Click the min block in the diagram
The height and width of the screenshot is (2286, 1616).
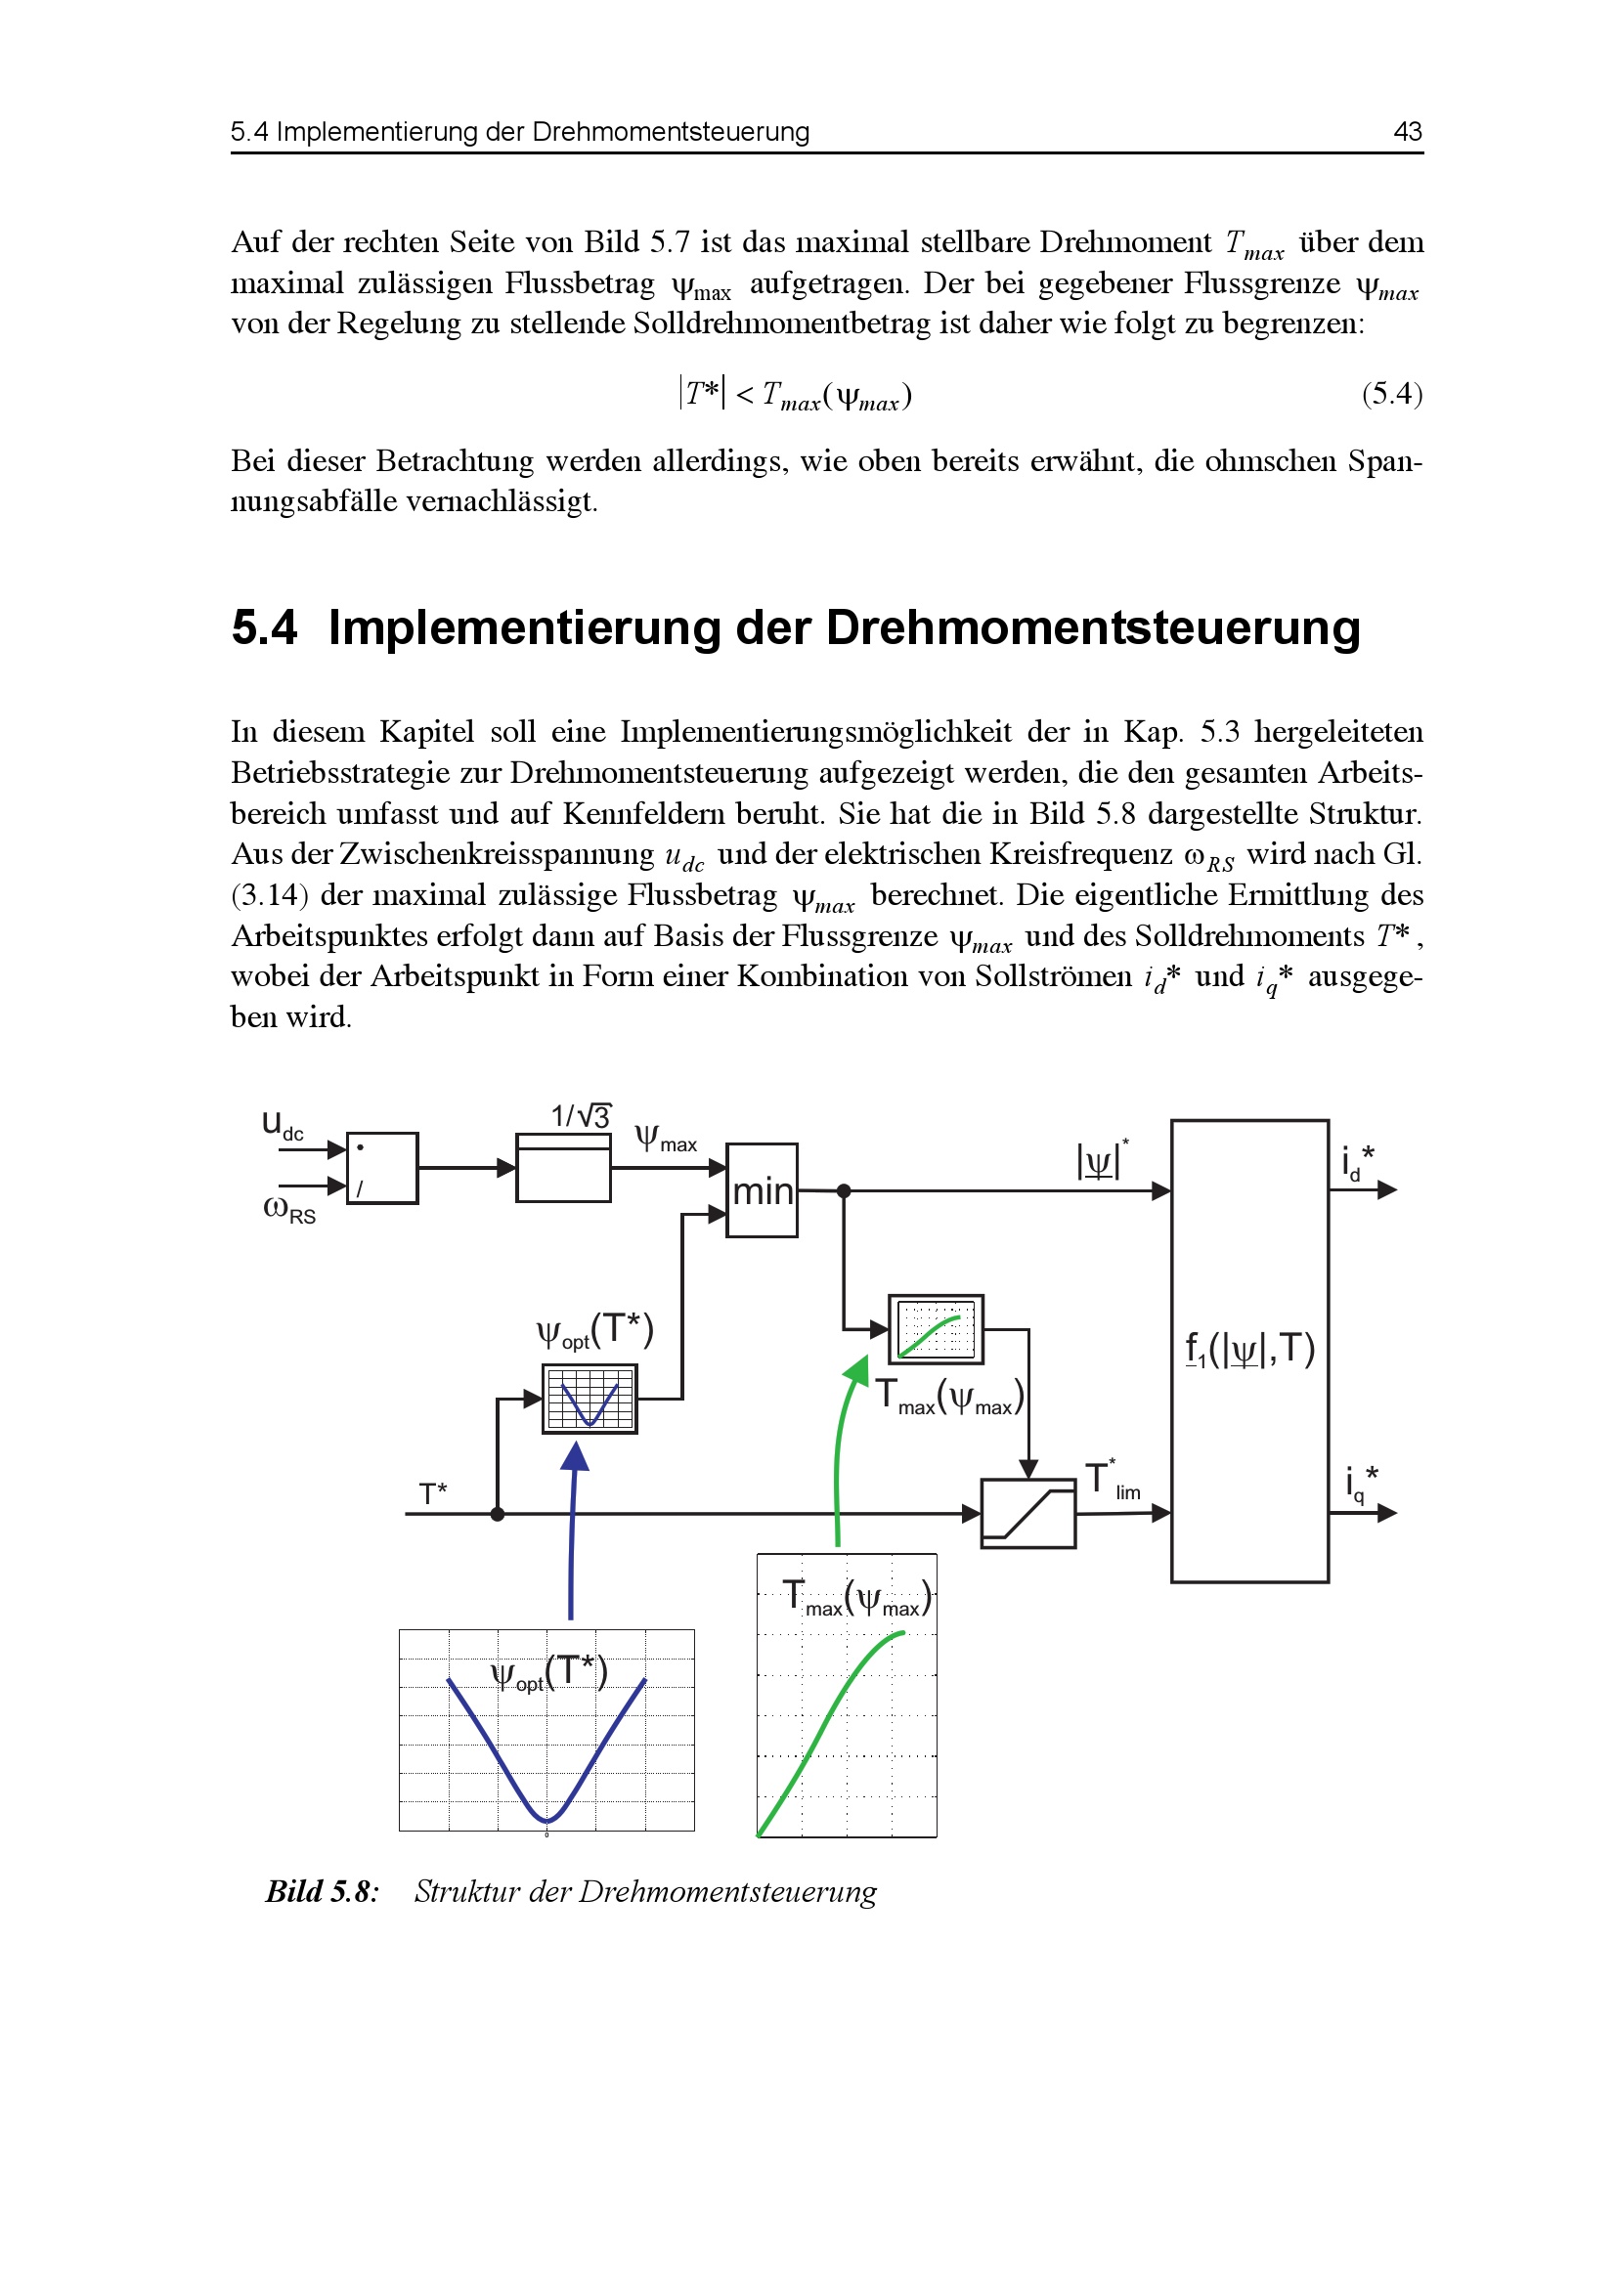[762, 1189]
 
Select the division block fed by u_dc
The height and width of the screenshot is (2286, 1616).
[381, 1168]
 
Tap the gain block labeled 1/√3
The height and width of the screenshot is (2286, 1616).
[562, 1168]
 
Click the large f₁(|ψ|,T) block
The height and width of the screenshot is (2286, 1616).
[1249, 1351]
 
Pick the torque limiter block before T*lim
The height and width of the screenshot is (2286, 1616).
[1027, 1513]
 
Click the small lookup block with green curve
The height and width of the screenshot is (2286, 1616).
[935, 1329]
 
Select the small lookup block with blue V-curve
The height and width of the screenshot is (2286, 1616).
[590, 1399]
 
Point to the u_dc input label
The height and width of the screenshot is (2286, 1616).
[282, 1125]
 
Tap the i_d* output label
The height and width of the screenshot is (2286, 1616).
[1357, 1161]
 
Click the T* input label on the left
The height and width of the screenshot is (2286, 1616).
[433, 1493]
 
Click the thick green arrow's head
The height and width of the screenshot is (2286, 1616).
[855, 1371]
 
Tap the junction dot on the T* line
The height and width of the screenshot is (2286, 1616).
[498, 1514]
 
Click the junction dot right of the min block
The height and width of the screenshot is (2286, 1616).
[844, 1190]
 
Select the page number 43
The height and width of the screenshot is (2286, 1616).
[1407, 131]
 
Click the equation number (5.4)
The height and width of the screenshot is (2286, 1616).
[1392, 394]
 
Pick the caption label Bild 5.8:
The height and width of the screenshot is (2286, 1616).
[322, 1892]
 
